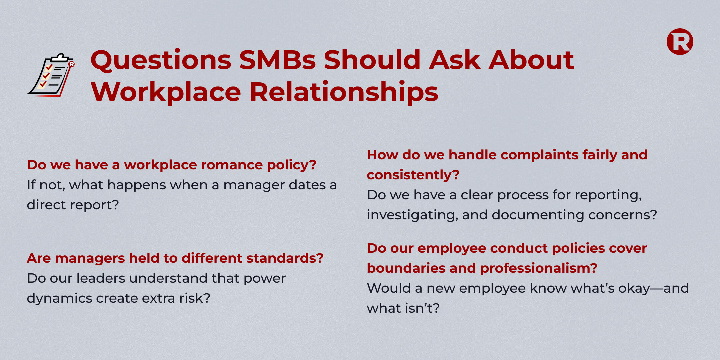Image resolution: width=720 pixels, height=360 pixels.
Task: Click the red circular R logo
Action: pyautogui.click(x=680, y=42)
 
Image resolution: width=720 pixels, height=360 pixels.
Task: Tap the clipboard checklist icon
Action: pyautogui.click(x=51, y=75)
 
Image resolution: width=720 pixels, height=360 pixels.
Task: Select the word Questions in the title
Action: pyautogui.click(x=161, y=61)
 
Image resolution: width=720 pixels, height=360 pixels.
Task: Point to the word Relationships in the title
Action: pyautogui.click(x=344, y=92)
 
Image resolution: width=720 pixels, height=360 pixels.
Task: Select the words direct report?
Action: pyautogui.click(x=73, y=205)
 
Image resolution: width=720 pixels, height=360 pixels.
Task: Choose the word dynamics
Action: pyautogui.click(x=59, y=299)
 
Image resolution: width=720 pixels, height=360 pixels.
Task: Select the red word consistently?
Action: pyautogui.click(x=413, y=175)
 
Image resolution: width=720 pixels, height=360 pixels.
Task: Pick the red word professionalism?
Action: pyautogui.click(x=539, y=268)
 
